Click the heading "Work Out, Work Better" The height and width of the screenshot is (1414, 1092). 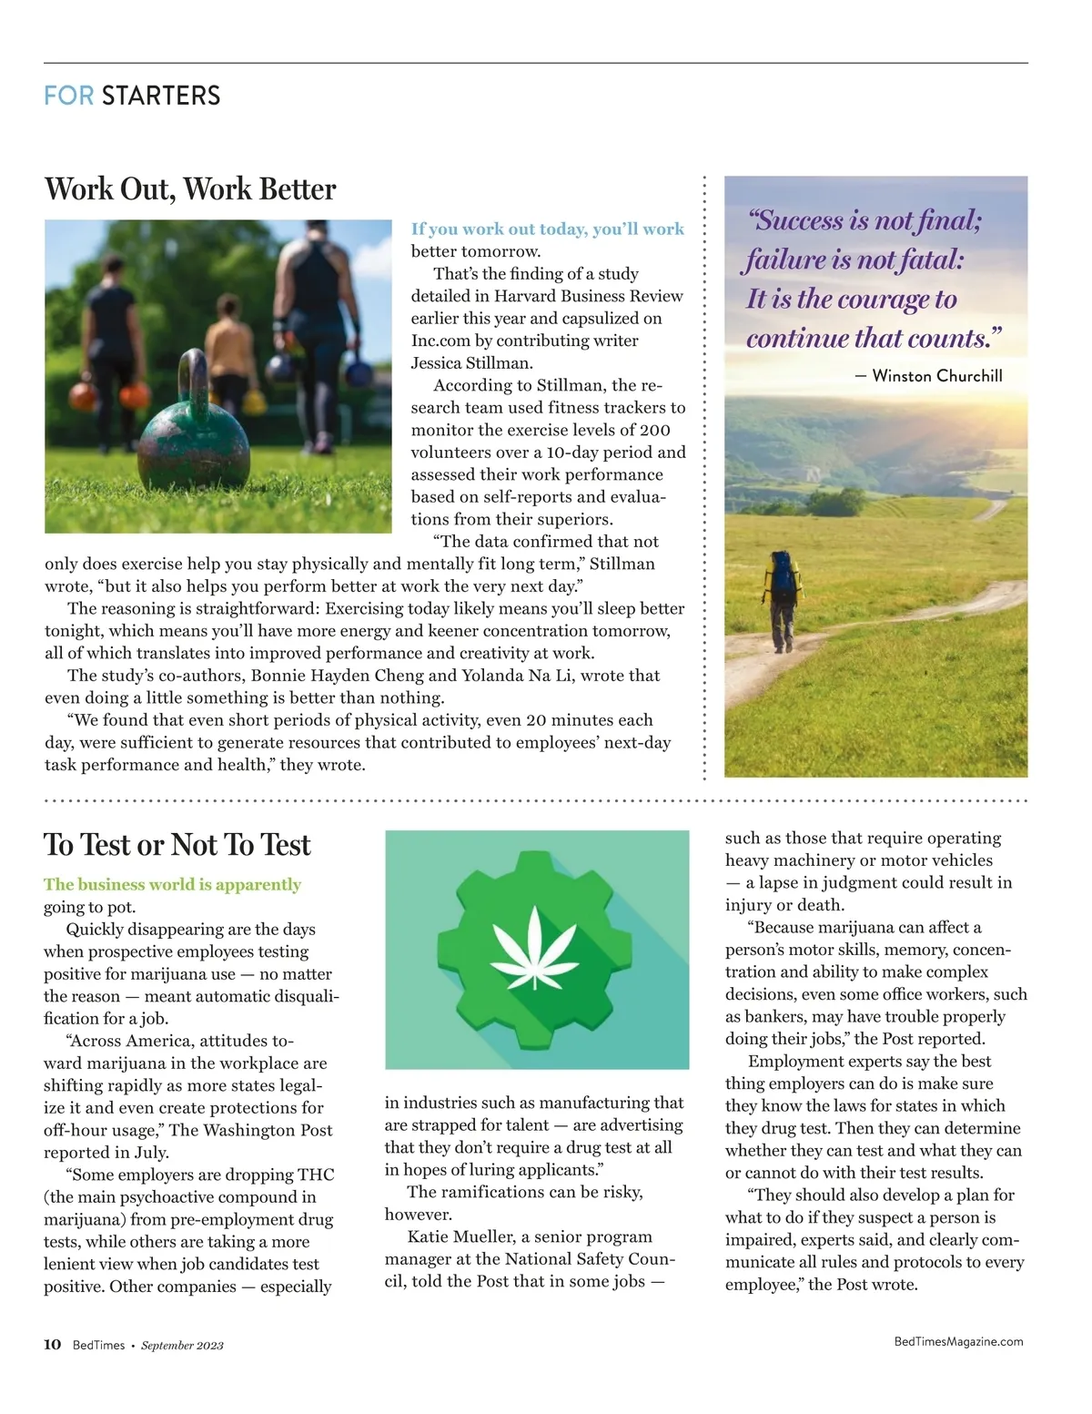pyautogui.click(x=190, y=189)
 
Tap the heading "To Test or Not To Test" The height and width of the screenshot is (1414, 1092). pyautogui.click(x=177, y=845)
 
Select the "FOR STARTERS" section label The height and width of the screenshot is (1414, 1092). pyautogui.click(x=132, y=96)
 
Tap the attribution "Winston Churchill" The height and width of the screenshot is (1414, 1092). pyautogui.click(x=936, y=376)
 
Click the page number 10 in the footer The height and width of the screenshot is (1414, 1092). pyautogui.click(x=52, y=1345)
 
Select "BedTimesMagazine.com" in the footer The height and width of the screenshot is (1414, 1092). pyautogui.click(x=958, y=1341)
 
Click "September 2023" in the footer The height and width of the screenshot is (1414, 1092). pyautogui.click(x=182, y=1346)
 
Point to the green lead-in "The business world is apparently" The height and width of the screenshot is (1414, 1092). pyautogui.click(x=172, y=884)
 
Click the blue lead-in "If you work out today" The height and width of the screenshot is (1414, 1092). pyautogui.click(x=499, y=229)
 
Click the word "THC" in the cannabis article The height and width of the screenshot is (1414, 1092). pyautogui.click(x=316, y=1175)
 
